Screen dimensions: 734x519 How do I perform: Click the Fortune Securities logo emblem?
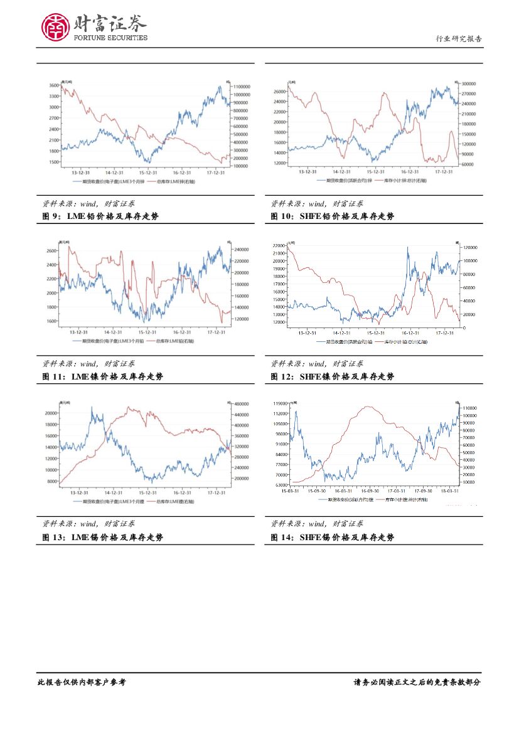pyautogui.click(x=55, y=26)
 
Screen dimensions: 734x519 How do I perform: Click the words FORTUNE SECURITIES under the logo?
pyautogui.click(x=111, y=38)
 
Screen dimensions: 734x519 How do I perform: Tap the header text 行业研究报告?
pyautogui.click(x=459, y=39)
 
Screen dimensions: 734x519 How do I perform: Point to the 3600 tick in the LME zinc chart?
pyautogui.click(x=54, y=85)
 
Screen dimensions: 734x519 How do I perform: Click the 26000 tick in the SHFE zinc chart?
pyautogui.click(x=279, y=92)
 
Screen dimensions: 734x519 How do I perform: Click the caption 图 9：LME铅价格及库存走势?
pyautogui.click(x=100, y=216)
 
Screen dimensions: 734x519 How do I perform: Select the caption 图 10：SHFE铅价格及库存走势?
pyautogui.click(x=333, y=216)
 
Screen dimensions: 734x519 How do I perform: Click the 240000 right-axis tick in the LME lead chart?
pyautogui.click(x=242, y=250)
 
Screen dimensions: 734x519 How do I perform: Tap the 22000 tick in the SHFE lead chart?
pyautogui.click(x=279, y=245)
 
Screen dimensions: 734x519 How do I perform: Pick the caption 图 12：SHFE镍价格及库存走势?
pyautogui.click(x=333, y=376)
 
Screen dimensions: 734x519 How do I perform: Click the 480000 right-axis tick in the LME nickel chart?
pyautogui.click(x=242, y=405)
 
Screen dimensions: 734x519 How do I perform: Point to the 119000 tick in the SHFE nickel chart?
pyautogui.click(x=280, y=402)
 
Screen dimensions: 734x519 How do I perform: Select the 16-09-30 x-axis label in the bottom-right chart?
pyautogui.click(x=370, y=491)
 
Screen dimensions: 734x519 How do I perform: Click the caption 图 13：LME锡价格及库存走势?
pyautogui.click(x=100, y=537)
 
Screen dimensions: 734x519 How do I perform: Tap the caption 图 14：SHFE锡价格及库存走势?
pyautogui.click(x=333, y=537)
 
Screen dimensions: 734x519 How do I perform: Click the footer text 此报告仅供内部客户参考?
pyautogui.click(x=82, y=682)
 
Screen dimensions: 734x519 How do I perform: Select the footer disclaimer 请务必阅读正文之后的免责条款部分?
pyautogui.click(x=417, y=682)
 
